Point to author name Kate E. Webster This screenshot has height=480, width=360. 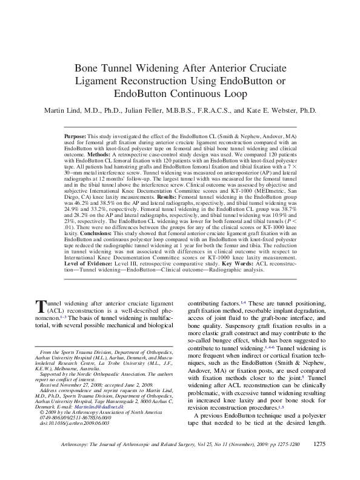pyautogui.click(x=281, y=111)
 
